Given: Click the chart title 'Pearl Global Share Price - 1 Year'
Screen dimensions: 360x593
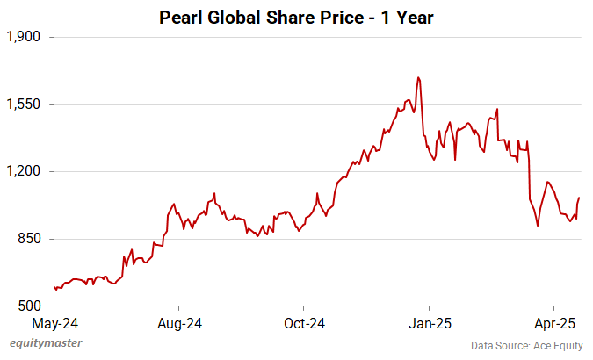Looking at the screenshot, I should [x=296, y=17].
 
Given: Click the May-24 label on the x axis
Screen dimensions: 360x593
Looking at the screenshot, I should [x=54, y=322].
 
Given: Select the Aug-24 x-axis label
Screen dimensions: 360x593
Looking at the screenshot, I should [x=178, y=322].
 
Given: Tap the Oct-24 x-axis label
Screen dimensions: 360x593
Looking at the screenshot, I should [x=302, y=322].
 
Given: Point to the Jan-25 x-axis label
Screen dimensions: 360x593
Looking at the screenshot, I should [x=429, y=322].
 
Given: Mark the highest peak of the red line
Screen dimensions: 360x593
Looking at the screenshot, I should [x=418, y=77].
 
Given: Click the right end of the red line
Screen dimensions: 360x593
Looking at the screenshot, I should [x=580, y=198].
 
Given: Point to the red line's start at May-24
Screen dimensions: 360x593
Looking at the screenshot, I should [x=54, y=287].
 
